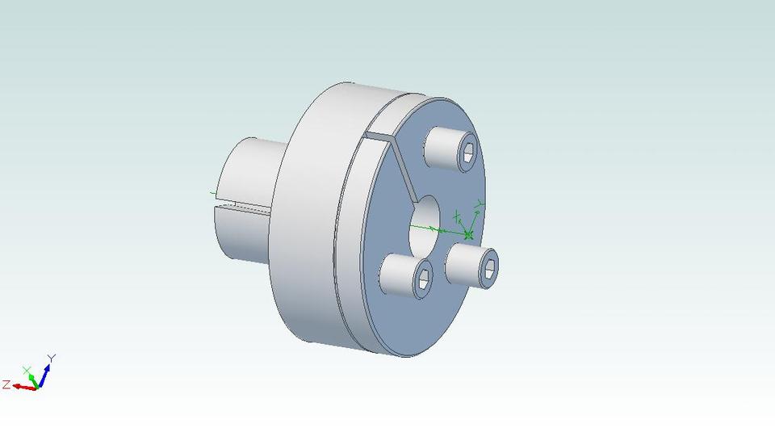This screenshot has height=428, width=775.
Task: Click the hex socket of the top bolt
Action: pyautogui.click(x=468, y=153)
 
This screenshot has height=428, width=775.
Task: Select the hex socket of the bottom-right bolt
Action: pyautogui.click(x=489, y=268)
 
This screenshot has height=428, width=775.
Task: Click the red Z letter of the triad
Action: pyautogui.click(x=6, y=384)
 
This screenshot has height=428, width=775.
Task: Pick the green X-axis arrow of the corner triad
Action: pyautogui.click(x=31, y=377)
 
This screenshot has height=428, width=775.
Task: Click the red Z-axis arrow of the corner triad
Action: pyautogui.click(x=25, y=387)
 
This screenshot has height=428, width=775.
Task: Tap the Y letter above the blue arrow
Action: pyautogui.click(x=51, y=357)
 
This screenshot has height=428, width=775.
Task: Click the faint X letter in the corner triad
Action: pyautogui.click(x=26, y=369)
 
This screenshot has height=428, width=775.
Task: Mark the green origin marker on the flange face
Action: pyautogui.click(x=469, y=234)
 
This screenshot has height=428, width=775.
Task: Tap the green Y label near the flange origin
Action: pyautogui.click(x=479, y=203)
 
